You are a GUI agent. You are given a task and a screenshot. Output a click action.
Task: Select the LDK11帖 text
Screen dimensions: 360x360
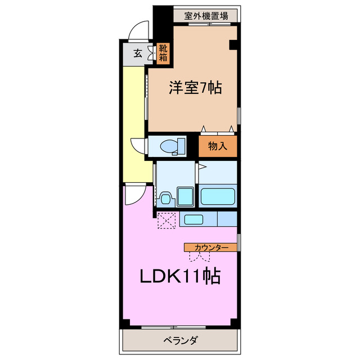coord(179,276)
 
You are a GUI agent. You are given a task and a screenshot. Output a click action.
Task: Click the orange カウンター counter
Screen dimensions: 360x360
coord(211,247)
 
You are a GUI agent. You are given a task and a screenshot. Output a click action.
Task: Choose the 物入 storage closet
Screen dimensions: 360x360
coord(217,146)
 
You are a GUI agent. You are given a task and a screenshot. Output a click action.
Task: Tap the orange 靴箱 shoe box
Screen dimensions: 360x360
coord(163,53)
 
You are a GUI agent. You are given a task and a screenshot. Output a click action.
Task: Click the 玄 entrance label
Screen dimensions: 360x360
coord(137,54)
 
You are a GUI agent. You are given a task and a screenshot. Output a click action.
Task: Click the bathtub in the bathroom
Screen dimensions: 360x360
coord(217,197)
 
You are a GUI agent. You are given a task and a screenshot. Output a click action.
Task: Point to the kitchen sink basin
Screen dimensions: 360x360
coord(195,219)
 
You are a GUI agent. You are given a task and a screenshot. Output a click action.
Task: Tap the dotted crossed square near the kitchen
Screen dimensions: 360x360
coord(166,220)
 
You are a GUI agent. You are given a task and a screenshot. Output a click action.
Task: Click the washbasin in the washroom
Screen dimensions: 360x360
coord(165,198)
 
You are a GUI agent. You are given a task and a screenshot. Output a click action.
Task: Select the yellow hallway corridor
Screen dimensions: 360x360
coord(135,124)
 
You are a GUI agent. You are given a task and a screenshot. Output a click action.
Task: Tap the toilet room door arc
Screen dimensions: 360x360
coord(138,146)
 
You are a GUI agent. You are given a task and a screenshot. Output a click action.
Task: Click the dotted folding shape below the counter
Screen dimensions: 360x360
coord(199,256)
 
